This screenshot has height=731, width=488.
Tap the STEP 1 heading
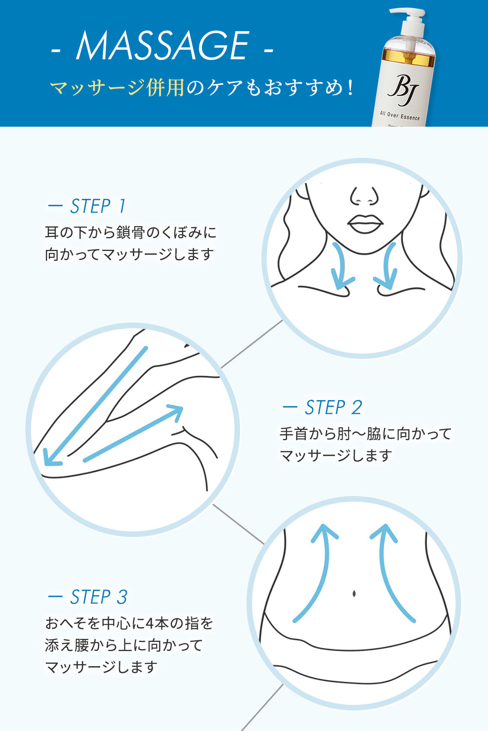tap(87, 206)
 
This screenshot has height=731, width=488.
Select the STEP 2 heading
tap(322, 407)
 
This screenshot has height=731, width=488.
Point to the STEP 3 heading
tap(87, 597)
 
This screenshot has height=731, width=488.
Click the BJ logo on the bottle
tap(403, 90)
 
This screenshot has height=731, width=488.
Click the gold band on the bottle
tap(408, 58)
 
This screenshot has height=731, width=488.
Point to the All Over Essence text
tap(399, 115)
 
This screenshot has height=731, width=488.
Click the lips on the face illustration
tap(365, 224)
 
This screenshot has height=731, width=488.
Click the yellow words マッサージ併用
tap(117, 88)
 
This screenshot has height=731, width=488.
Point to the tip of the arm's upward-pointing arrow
tap(182, 407)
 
